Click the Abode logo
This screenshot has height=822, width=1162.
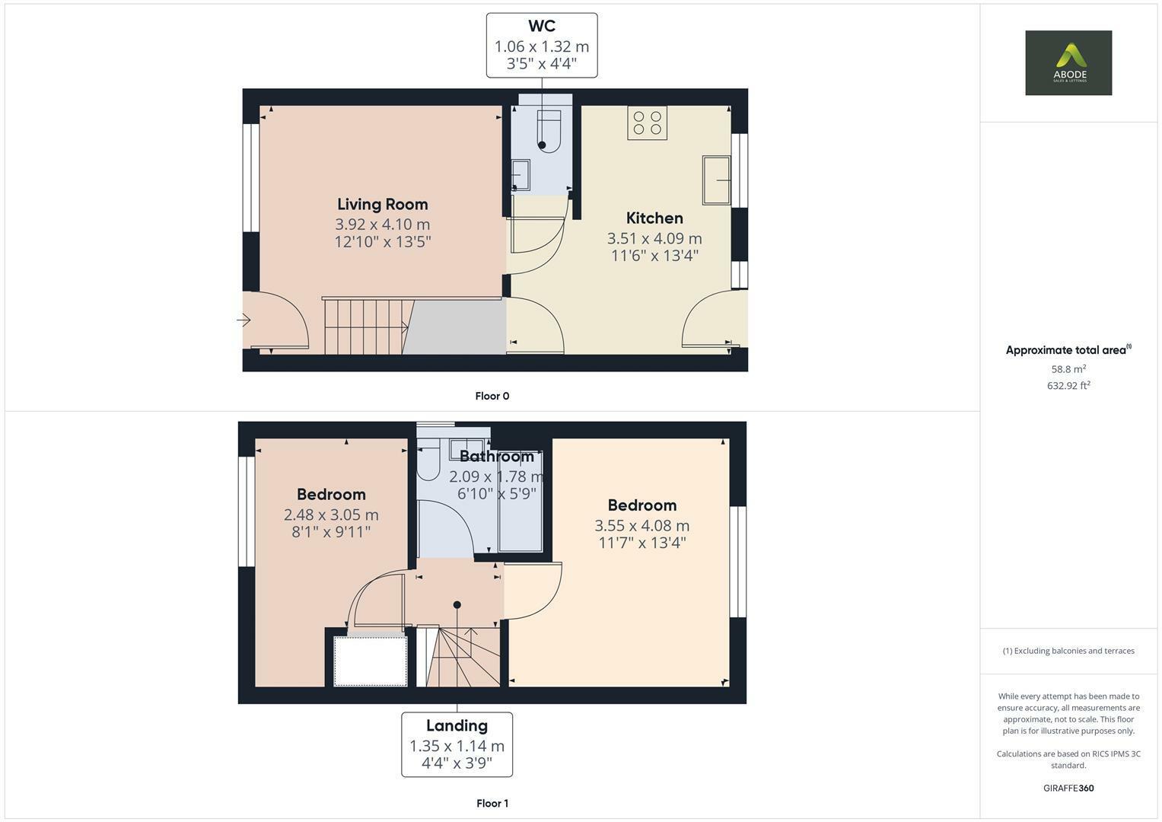click(1068, 62)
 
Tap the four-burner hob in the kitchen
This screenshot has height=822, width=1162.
click(648, 123)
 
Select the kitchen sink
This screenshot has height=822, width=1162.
click(716, 180)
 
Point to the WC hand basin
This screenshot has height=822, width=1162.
click(521, 174)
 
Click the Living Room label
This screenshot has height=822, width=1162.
click(382, 204)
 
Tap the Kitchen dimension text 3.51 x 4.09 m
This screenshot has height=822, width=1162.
click(654, 238)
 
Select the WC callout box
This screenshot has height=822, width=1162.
click(542, 46)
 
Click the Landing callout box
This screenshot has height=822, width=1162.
click(457, 744)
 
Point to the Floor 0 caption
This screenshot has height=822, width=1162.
click(492, 396)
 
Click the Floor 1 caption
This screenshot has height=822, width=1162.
click(492, 803)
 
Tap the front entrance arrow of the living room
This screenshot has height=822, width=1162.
click(244, 320)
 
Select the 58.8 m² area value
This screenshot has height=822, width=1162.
click(1068, 369)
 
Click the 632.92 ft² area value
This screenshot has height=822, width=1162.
click(1068, 386)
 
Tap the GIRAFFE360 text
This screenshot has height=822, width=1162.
click(1068, 788)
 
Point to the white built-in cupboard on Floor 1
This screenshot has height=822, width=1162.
click(371, 661)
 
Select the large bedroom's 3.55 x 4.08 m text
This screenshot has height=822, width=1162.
click(641, 525)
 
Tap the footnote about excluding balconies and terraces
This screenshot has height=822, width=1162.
click(1068, 651)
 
